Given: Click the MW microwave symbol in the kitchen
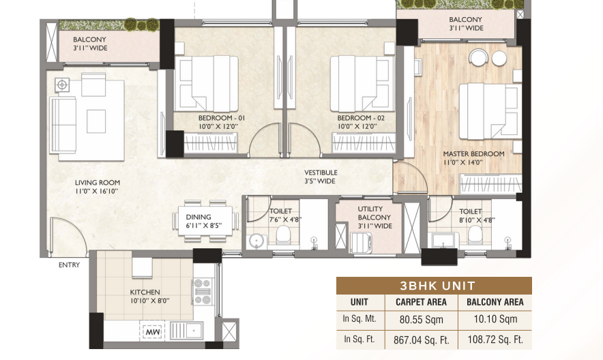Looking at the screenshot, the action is (x=152, y=331).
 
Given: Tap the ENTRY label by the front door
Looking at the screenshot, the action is (x=69, y=265).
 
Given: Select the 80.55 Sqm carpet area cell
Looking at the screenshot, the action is (x=422, y=320).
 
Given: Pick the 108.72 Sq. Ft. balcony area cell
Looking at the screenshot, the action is (x=495, y=340).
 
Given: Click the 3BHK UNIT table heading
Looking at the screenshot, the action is (x=438, y=286).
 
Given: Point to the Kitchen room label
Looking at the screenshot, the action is (x=145, y=292).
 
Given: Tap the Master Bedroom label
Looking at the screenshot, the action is (x=474, y=153).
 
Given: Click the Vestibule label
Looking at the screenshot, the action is (x=321, y=172).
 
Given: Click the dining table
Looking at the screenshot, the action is (x=205, y=222).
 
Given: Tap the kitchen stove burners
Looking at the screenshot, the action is (x=203, y=292).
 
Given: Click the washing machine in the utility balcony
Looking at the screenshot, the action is (x=362, y=243).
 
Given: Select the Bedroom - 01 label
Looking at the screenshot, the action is (x=222, y=118).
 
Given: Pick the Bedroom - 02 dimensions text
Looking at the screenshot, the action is (x=357, y=126).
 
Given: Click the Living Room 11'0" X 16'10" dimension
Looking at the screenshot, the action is (x=97, y=190).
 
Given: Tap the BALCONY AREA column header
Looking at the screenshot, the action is (x=495, y=302).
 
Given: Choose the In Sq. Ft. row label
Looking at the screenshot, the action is (x=359, y=340).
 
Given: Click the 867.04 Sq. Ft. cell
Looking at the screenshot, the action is (x=422, y=340).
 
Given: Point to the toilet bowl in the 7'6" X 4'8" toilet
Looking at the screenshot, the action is (x=284, y=235).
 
